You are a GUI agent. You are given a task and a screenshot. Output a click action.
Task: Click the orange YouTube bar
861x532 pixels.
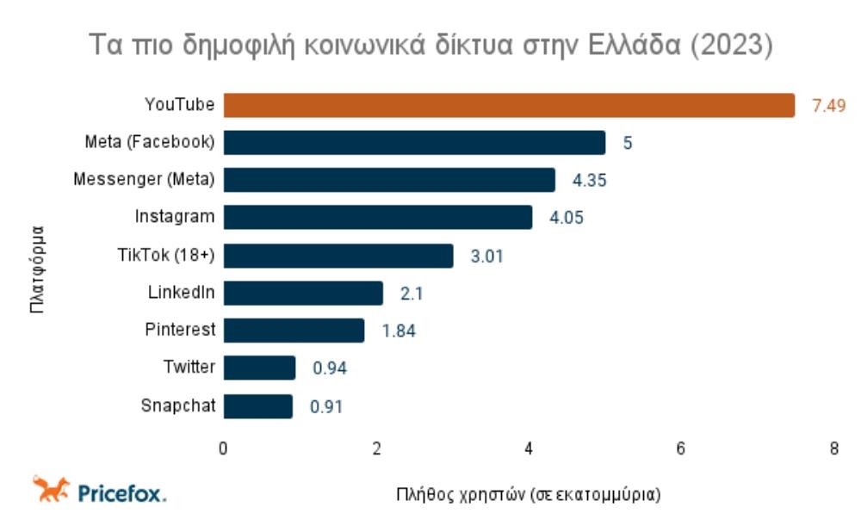(509, 105)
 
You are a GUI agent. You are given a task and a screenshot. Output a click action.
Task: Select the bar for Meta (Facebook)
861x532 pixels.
(414, 142)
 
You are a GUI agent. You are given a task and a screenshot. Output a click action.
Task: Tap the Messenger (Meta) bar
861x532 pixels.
(389, 180)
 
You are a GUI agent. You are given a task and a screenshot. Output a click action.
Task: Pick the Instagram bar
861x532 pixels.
(378, 217)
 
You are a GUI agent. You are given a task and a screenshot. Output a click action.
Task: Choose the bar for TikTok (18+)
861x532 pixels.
(338, 256)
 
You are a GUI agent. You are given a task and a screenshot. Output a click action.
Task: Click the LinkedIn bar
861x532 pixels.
(303, 293)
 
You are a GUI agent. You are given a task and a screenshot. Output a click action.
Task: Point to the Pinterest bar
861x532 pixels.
(294, 331)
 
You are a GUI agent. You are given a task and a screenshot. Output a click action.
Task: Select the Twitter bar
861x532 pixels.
(259, 368)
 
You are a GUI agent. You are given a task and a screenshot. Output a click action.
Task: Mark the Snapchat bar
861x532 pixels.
(258, 405)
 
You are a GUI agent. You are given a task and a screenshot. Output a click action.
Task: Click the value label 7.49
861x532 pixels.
(828, 106)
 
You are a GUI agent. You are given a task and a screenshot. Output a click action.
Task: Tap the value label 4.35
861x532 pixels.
(590, 181)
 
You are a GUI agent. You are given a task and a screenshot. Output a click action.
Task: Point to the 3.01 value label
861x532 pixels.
(486, 256)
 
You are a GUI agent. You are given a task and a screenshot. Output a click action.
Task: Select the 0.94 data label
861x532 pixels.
(330, 368)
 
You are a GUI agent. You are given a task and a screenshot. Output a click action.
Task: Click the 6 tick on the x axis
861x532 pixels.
(681, 448)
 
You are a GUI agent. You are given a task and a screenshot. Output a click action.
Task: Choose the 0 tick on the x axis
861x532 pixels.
(224, 448)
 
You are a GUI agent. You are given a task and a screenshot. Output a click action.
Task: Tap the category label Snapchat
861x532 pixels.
(178, 405)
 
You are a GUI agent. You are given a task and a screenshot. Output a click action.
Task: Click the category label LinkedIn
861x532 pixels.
(181, 293)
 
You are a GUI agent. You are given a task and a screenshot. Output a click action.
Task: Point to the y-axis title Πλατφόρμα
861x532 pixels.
(37, 269)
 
